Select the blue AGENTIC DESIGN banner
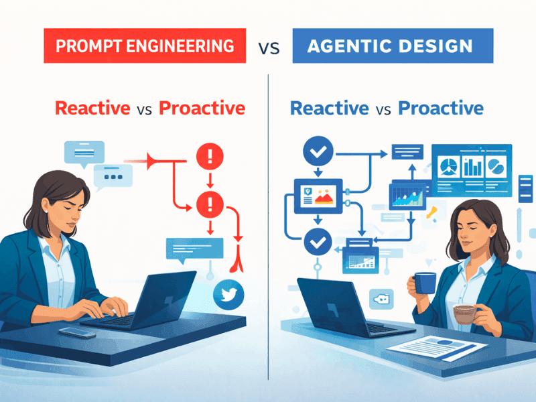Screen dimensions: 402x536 point(393,46)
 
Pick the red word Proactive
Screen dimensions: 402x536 point(202,108)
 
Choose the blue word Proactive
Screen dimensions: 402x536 point(440,108)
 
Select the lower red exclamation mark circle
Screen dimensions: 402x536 point(210,202)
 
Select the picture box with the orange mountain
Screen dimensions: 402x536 point(319,196)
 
